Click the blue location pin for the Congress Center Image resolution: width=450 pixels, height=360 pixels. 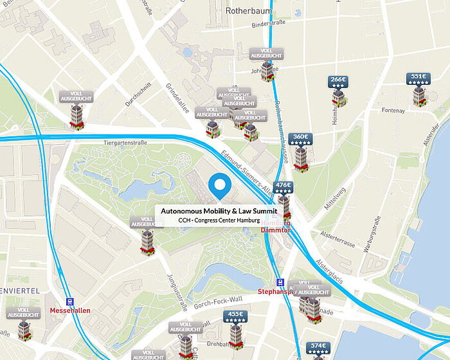[x=221, y=186]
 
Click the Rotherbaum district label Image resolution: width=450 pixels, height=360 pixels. [x=249, y=11]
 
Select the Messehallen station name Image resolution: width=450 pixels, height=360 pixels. [x=71, y=310]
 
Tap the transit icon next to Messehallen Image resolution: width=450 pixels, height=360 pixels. [x=70, y=301]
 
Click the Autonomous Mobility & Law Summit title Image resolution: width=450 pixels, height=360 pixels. [x=219, y=211]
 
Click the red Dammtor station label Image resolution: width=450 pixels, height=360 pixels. [x=277, y=230]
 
